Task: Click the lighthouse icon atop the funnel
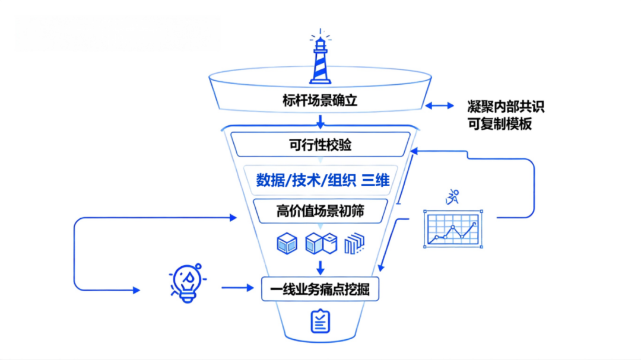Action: tap(320, 59)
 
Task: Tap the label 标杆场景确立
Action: tap(320, 101)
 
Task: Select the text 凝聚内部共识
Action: tap(505, 107)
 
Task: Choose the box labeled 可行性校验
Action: tap(320, 144)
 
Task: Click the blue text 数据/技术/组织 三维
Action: tap(322, 180)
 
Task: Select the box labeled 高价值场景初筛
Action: tap(320, 211)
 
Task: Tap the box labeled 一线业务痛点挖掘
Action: tap(320, 289)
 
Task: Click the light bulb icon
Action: tap(187, 283)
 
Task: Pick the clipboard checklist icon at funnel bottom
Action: tap(320, 320)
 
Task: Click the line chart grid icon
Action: tap(452, 229)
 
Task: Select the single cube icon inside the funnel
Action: tap(287, 243)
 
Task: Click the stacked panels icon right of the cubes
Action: tap(354, 243)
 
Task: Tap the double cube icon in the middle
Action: tap(320, 243)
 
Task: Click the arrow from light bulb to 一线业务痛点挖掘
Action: tap(237, 288)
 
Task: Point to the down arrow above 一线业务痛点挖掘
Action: tap(320, 266)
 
